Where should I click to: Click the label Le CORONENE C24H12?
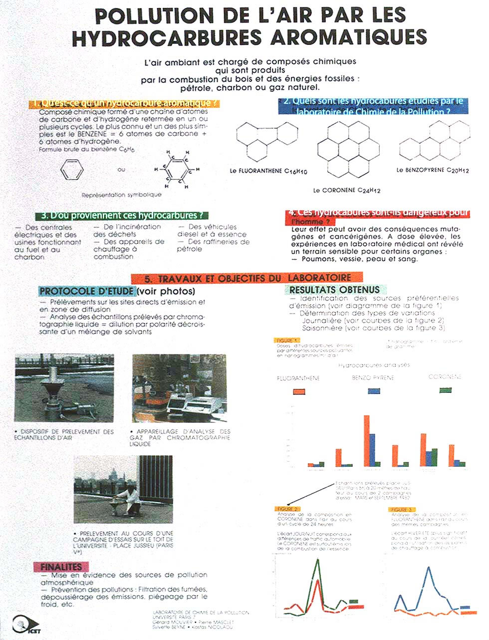click(x=347, y=190)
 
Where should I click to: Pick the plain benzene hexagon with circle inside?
click(x=72, y=171)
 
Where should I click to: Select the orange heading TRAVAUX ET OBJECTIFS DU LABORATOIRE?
click(x=247, y=278)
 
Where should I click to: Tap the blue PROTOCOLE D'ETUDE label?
click(x=86, y=291)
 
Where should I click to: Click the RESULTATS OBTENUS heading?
click(x=334, y=290)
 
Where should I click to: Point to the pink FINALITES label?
click(x=61, y=567)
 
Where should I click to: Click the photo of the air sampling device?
click(x=64, y=388)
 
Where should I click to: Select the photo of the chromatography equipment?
click(x=179, y=388)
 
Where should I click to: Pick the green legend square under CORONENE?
click(x=445, y=389)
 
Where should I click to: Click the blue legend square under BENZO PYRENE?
click(x=373, y=390)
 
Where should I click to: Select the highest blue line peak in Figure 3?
click(x=428, y=569)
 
